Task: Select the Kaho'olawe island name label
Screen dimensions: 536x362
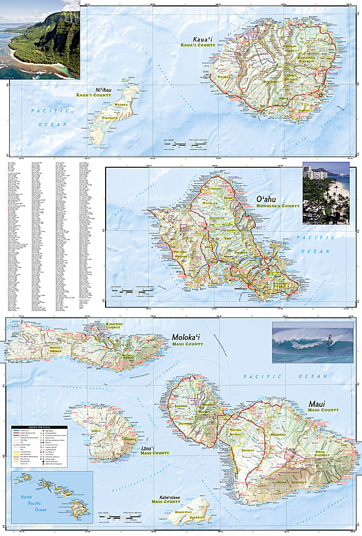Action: [x=165, y=496]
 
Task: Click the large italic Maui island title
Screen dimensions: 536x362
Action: [x=316, y=403]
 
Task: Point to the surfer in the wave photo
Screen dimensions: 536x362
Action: [x=329, y=340]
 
